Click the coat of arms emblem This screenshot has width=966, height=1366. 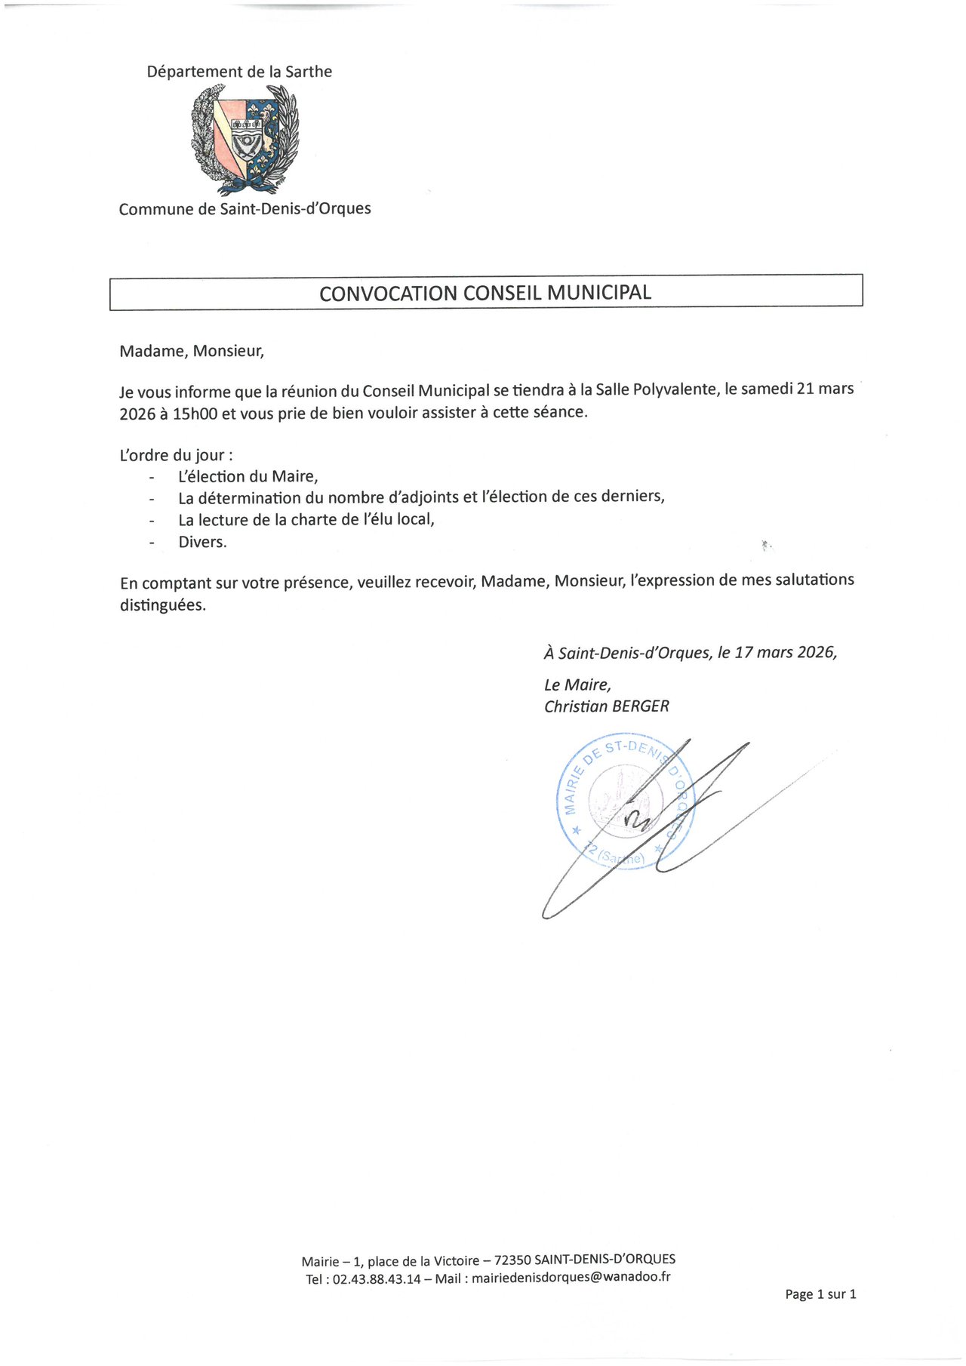point(245,140)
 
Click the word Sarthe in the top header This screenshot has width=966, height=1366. point(309,72)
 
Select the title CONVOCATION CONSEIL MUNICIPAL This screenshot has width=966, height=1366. point(485,293)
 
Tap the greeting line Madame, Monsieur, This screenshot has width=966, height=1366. point(192,351)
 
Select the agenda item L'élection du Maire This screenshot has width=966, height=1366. point(248,476)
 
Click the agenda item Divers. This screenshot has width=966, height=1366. point(202,542)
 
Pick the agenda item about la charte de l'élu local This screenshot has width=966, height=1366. point(306,519)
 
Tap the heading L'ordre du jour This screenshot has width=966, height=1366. point(176,455)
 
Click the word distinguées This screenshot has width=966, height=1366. point(162,605)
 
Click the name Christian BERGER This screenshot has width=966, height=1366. point(607,706)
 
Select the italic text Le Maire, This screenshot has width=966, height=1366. point(577,685)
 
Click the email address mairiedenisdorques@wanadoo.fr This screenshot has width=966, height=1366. point(571,1278)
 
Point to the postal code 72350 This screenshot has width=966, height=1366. point(512,1260)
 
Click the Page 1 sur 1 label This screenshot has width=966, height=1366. point(820,1294)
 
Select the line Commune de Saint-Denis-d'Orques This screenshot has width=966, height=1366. point(245,209)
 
